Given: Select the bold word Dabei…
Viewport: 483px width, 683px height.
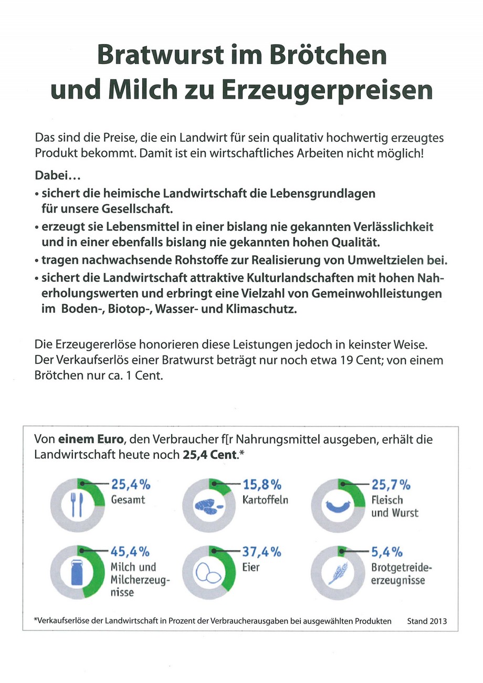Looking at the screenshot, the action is coord(58,175).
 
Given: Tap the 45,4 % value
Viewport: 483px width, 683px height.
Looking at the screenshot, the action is coord(130,552).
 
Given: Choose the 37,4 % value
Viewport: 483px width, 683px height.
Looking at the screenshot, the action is coord(262,552).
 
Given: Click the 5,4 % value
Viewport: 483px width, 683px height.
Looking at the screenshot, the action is coord(387,552).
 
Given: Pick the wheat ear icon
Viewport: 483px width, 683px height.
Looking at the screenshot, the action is coord(338,573).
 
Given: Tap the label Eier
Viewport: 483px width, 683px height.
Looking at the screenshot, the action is coord(251,568).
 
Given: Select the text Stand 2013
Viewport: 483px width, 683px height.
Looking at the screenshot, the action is coord(427,621).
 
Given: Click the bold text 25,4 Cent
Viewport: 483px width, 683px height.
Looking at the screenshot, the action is coord(210,455).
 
